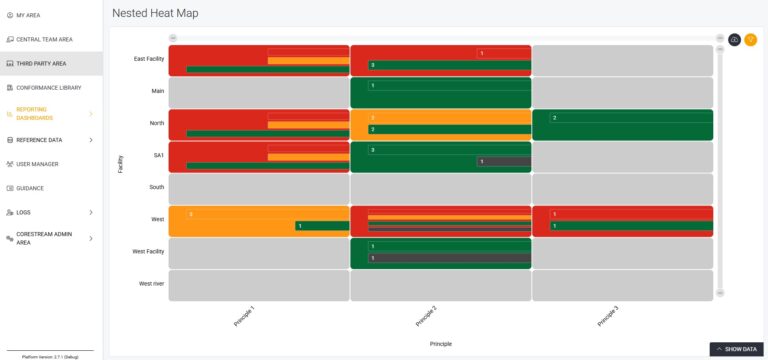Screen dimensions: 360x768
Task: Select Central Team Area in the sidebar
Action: [x=44, y=39]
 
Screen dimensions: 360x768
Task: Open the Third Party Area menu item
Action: [x=42, y=63]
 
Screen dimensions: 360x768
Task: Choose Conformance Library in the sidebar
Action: [x=49, y=87]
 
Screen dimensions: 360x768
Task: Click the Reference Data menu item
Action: [x=38, y=140]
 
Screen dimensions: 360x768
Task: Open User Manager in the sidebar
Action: [x=37, y=164]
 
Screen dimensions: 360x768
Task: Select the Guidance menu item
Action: [x=29, y=188]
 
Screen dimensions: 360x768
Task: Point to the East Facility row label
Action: [x=148, y=59]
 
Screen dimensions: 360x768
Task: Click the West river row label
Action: [x=151, y=284]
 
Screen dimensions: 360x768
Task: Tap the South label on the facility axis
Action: [x=156, y=187]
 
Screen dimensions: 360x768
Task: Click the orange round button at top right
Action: [x=751, y=39]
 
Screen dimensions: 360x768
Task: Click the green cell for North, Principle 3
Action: [x=621, y=124]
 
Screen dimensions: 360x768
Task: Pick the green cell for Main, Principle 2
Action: [x=440, y=92]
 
